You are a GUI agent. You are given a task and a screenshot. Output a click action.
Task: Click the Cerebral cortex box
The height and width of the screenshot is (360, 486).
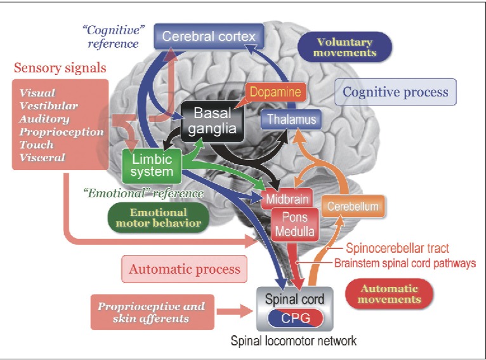(208, 36)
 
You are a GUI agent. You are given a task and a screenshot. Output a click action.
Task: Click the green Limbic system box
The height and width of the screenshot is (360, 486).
(152, 164)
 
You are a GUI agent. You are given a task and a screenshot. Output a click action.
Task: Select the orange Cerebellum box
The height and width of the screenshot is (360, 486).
(353, 206)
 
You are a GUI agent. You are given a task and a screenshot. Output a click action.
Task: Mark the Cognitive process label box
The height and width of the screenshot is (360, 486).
(395, 92)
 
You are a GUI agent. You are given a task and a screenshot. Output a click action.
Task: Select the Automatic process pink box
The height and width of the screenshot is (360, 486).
(185, 269)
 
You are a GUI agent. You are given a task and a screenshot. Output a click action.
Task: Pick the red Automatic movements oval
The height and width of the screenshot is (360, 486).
(390, 293)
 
